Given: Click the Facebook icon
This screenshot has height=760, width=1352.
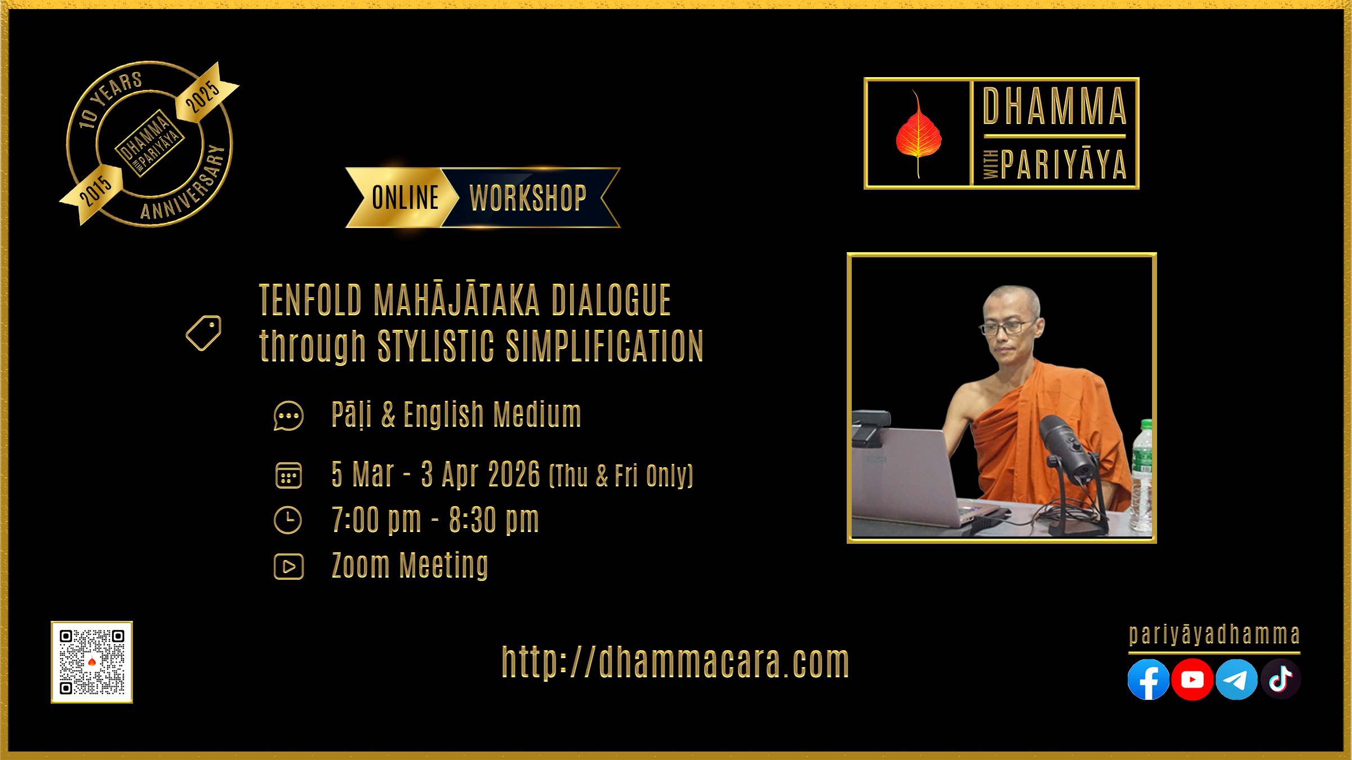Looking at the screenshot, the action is (1148, 679).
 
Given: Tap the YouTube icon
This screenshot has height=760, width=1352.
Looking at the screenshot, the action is (1192, 679).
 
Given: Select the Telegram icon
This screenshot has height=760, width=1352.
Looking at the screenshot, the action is (1236, 679).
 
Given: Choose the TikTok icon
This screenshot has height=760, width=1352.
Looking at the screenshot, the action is (1280, 679).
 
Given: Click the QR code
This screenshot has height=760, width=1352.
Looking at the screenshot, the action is (92, 662).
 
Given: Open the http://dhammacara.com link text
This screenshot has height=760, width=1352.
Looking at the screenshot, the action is (675, 662).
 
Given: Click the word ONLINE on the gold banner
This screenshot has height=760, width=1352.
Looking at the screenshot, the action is (405, 198).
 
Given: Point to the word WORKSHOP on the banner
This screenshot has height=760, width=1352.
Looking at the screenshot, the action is (528, 198).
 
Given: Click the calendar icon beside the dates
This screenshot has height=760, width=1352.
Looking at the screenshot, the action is (288, 475).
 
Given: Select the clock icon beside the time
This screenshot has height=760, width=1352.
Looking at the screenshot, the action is (288, 520).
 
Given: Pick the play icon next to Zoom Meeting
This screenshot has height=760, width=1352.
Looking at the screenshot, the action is (288, 566).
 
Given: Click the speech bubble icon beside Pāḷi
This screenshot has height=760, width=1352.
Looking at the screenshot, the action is (288, 416).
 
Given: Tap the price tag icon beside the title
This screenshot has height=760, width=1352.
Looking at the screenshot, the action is (204, 333).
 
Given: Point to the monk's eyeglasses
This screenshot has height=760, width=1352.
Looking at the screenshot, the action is (1006, 327).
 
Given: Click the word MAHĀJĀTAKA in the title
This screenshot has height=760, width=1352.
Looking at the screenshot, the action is (456, 300).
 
